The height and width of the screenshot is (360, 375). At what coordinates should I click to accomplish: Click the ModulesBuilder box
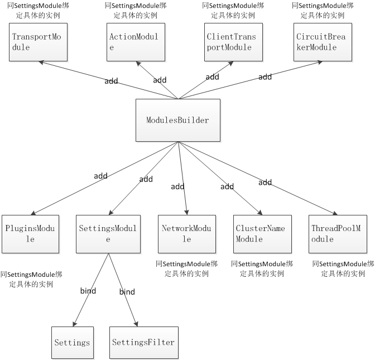pos(177,120)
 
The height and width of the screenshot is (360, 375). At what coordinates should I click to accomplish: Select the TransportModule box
pos(36,42)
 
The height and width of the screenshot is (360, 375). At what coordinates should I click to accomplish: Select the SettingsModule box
pos(108,233)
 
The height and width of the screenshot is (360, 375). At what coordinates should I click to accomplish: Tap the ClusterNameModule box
pos(260,233)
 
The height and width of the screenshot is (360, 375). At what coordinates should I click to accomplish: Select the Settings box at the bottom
pos(72,342)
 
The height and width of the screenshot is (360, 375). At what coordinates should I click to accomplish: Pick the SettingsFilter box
pos(143,342)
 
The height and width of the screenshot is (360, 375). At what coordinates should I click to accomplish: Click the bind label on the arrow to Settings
pos(88,291)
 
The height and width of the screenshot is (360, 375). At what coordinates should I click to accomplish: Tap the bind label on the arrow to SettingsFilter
pos(127,291)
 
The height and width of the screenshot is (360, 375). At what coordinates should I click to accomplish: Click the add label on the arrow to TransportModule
pos(111,81)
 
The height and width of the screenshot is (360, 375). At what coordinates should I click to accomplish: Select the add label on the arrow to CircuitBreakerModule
pos(265,77)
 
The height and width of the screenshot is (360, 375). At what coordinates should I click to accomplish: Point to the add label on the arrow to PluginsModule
pos(100,176)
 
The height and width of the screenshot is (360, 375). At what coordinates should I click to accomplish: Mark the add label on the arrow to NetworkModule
pos(177,186)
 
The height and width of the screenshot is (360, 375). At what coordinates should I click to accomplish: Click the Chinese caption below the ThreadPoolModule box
pos(342,268)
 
